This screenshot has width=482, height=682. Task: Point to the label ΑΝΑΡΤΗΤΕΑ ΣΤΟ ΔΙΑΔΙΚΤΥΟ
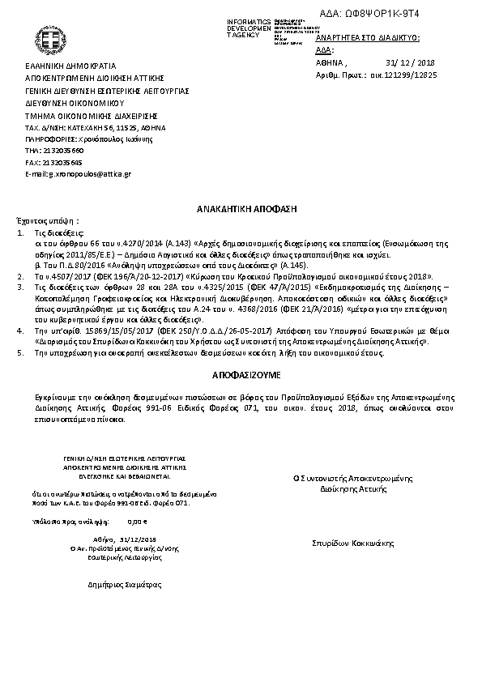point(367,38)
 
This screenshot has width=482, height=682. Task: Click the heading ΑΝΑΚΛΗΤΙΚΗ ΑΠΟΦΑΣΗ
point(242,209)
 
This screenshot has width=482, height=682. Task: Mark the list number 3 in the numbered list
point(20,287)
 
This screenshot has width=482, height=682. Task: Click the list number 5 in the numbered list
point(20,353)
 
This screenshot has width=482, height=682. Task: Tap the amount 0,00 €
point(139,522)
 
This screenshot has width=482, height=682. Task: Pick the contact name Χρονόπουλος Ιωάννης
point(103,139)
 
